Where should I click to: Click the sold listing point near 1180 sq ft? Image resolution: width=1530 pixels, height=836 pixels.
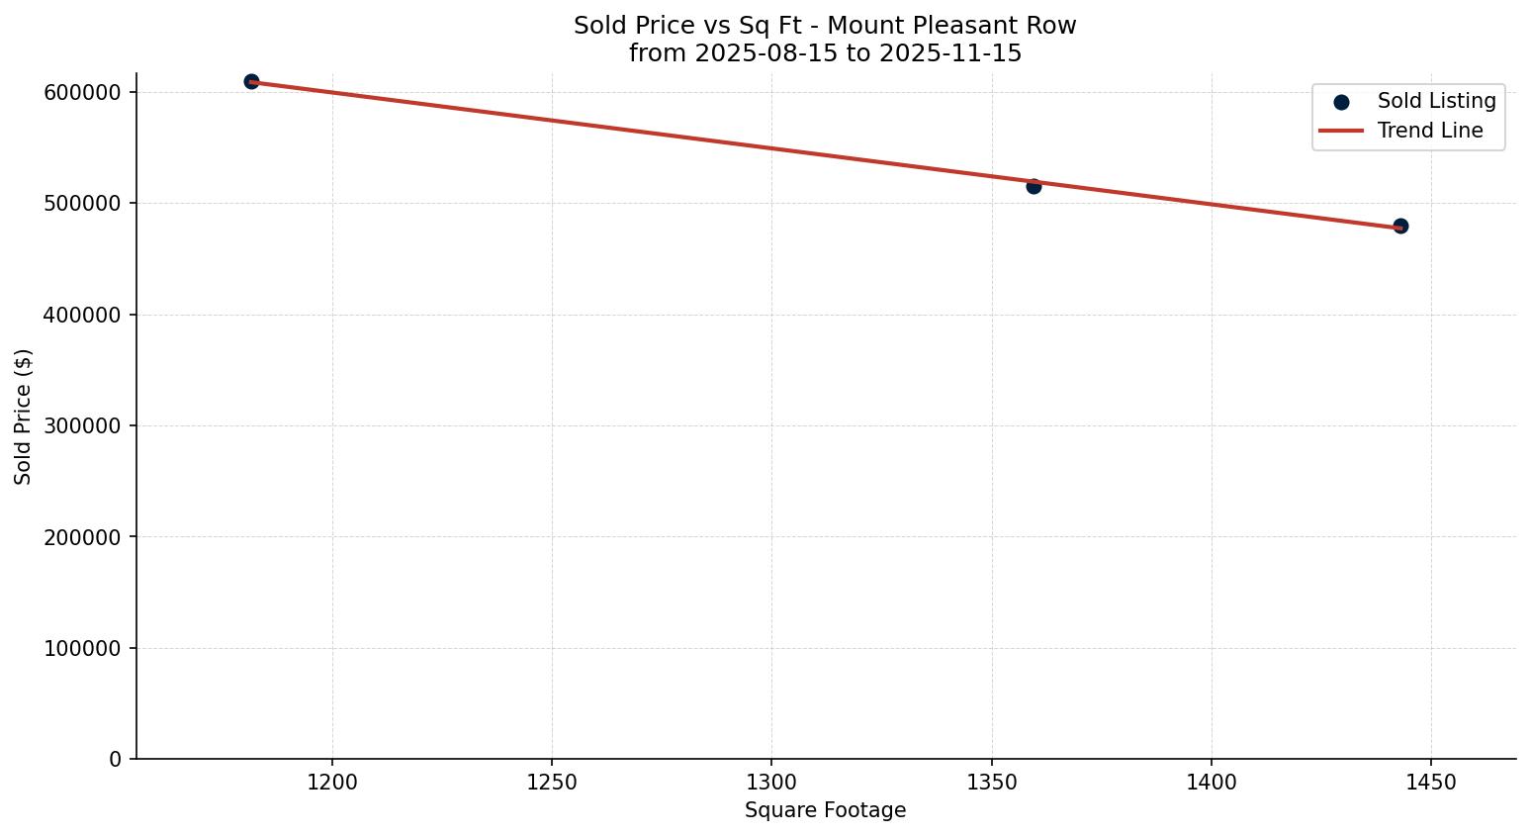pos(251,81)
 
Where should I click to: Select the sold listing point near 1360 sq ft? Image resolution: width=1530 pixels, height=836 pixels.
pos(1034,186)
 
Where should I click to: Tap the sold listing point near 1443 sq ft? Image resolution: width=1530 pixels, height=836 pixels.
pos(1400,227)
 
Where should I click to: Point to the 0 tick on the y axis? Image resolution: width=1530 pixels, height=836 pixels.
pos(116,760)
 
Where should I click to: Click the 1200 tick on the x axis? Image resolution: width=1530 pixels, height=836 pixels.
pos(332,783)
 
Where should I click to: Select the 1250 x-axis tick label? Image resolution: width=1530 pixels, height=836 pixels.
pos(552,783)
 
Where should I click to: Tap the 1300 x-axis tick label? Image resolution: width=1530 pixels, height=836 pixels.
pos(771,783)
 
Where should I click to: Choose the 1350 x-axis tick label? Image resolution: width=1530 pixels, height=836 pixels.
pos(992,783)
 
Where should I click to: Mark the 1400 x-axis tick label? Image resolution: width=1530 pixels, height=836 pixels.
pos(1212,783)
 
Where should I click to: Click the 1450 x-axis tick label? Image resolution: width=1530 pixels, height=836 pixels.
pos(1431,783)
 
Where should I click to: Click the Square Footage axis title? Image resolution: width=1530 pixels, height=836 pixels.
pos(825,811)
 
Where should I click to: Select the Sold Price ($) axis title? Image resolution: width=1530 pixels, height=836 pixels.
pos(24,417)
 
